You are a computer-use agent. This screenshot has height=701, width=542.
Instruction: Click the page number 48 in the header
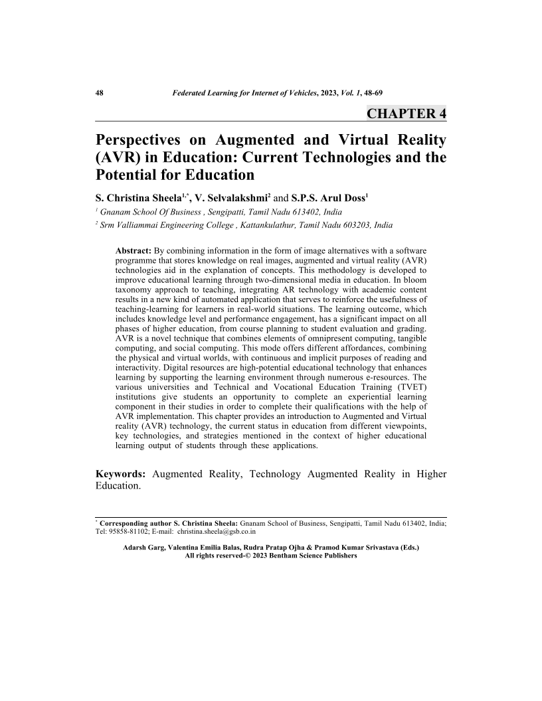tap(100, 93)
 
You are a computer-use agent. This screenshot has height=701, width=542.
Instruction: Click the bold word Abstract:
tap(134, 252)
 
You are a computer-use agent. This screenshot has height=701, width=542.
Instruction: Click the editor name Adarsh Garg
tap(145, 548)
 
